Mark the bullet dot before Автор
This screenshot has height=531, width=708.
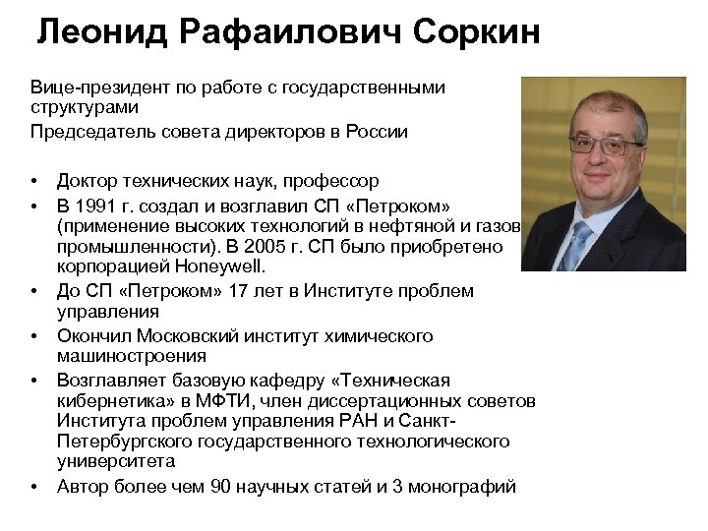click(x=34, y=486)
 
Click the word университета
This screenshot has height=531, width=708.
click(x=116, y=460)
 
